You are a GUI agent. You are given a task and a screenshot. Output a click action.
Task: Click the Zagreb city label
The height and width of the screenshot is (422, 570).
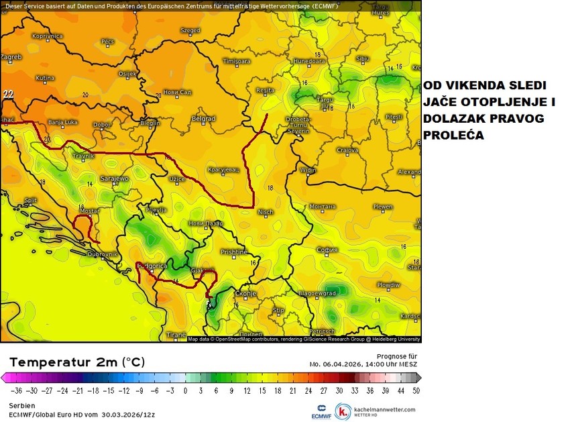(11, 57)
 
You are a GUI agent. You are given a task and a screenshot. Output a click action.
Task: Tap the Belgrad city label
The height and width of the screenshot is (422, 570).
(203, 119)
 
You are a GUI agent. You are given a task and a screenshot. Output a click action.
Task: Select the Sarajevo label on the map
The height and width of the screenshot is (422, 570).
(113, 179)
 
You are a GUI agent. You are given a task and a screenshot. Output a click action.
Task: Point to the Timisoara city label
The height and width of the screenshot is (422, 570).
(236, 61)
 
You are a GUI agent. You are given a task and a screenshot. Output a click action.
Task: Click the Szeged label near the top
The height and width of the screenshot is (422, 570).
(190, 30)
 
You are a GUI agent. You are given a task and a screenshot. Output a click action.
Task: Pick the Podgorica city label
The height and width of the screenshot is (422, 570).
(151, 266)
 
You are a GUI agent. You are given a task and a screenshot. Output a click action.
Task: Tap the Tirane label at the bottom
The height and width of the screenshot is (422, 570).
(176, 334)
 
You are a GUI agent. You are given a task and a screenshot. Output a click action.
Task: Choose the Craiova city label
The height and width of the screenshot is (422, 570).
(347, 150)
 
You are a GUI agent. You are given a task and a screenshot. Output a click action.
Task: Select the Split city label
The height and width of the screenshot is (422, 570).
(30, 200)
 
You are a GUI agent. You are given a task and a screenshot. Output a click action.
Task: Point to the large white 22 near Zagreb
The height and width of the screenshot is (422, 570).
(8, 94)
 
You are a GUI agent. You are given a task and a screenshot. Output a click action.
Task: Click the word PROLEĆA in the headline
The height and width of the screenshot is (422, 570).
(453, 135)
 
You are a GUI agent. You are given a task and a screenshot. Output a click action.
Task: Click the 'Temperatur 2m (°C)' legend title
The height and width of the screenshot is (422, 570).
(77, 362)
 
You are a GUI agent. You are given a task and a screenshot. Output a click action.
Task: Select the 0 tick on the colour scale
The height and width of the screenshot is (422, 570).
(185, 390)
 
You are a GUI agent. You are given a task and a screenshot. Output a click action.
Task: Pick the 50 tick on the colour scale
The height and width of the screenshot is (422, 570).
(416, 390)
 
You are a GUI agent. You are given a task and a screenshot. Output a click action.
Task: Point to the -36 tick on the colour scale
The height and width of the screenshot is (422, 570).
(17, 390)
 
